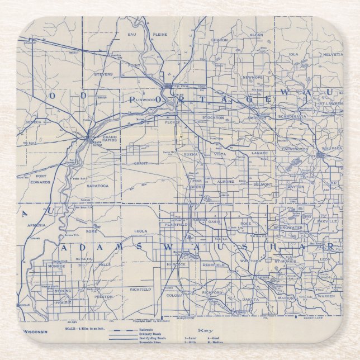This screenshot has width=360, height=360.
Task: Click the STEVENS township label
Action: click(103, 74)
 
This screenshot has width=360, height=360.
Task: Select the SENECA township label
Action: click(34, 122)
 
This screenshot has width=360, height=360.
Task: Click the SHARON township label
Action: click(219, 40)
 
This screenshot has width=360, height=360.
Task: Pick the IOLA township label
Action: click(293, 54)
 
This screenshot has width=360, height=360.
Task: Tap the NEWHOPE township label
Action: click(253, 77)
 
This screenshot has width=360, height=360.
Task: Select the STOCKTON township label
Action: click(214, 118)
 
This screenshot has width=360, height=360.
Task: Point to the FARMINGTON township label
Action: click(295, 149)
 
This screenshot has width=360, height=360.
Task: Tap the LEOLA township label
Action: click(140, 231)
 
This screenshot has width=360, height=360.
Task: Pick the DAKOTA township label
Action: click(250, 300)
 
